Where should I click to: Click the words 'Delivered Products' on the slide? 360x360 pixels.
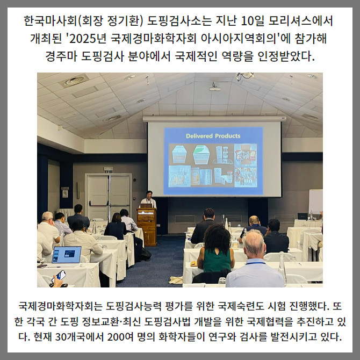213,136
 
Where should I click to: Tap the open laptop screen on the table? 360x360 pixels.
67,255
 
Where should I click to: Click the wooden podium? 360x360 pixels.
147,226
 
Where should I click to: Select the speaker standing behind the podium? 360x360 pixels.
149,199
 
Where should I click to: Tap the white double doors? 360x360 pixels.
109,197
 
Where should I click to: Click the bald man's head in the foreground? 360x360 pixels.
254,244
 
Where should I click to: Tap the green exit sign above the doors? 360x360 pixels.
108,169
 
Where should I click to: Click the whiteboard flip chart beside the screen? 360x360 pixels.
315,201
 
